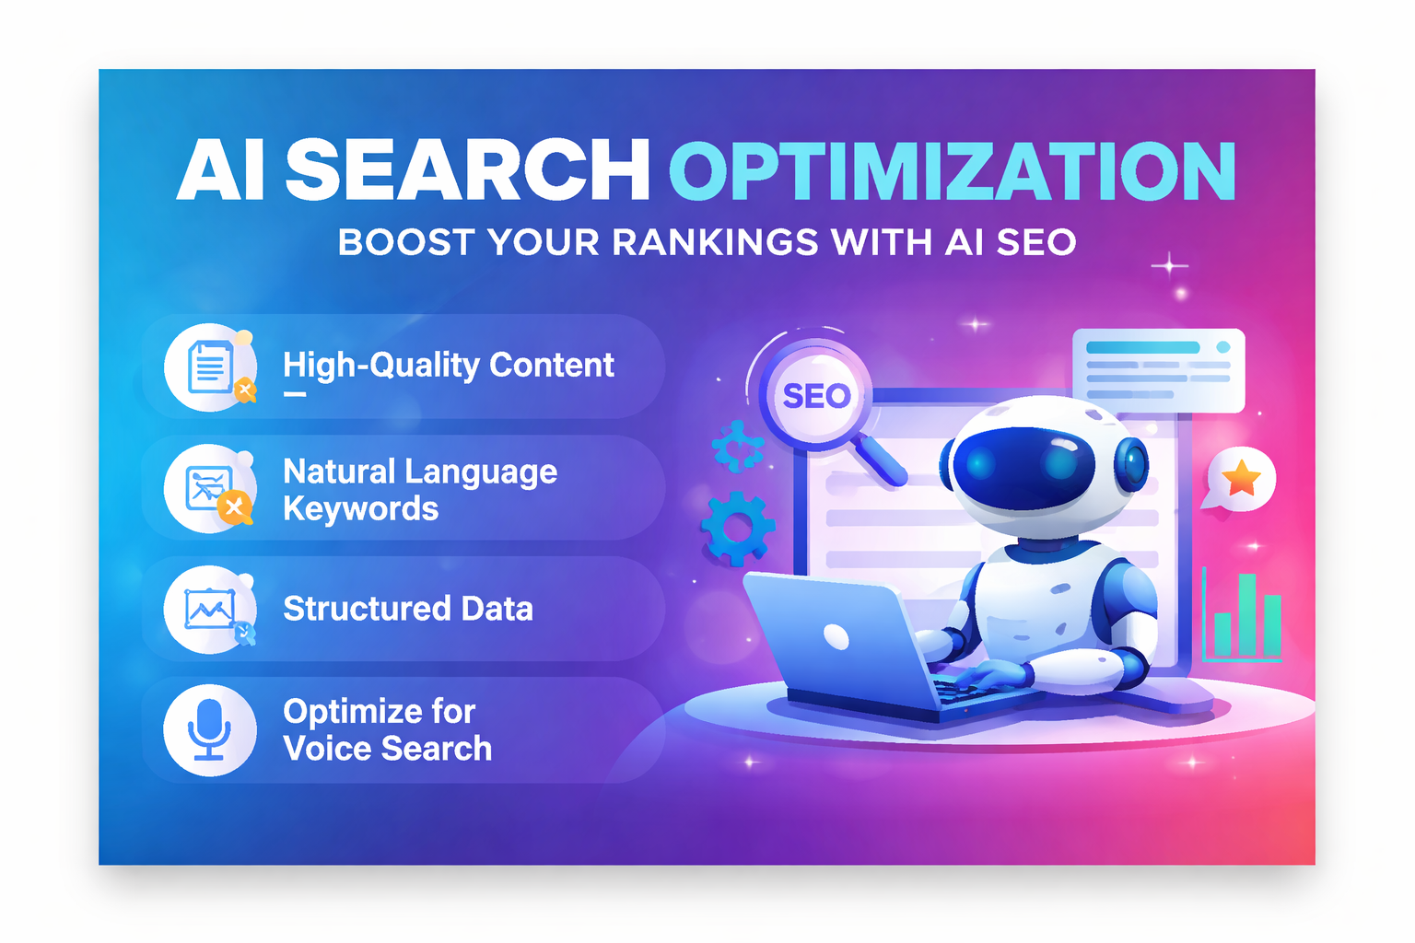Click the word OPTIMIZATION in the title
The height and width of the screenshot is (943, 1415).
(x=952, y=171)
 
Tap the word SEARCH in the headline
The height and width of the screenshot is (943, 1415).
(x=468, y=171)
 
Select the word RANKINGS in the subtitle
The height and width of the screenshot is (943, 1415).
(x=715, y=243)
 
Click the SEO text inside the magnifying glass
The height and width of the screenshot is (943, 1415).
(x=816, y=396)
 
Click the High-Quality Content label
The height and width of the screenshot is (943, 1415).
(x=448, y=366)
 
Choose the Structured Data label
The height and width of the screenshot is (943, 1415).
(x=408, y=609)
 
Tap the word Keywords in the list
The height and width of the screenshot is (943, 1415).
(x=360, y=509)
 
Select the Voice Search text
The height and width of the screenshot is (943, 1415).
(x=388, y=749)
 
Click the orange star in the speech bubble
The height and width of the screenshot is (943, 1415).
(x=1242, y=478)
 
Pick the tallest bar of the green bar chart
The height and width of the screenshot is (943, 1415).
(x=1247, y=614)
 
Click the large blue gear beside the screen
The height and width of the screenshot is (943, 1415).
(x=737, y=528)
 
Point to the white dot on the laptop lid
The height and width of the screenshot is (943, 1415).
(x=836, y=636)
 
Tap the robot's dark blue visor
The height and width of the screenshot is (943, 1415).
(x=1023, y=465)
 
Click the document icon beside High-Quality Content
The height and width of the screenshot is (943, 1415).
(x=211, y=367)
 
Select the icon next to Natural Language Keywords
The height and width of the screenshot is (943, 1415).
(x=211, y=488)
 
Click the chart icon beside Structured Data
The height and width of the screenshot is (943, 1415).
(x=211, y=609)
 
